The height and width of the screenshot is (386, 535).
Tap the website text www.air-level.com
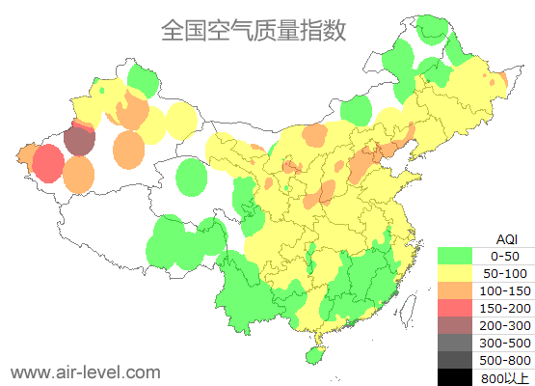pyautogui.click(x=85, y=372)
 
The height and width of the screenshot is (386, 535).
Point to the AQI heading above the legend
pyautogui.click(x=506, y=238)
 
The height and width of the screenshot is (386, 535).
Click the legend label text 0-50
pyautogui.click(x=505, y=256)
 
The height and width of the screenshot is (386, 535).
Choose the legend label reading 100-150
pyautogui.click(x=505, y=290)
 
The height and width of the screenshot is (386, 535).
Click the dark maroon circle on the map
pyautogui.click(x=80, y=142)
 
